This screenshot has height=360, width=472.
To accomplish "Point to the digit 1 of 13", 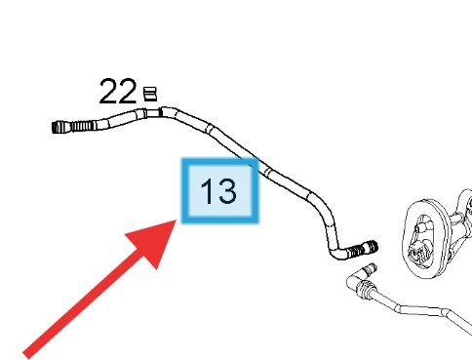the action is (207, 190).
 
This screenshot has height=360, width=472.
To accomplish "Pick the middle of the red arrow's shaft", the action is (98, 290).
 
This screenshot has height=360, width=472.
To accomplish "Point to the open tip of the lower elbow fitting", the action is (373, 266).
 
